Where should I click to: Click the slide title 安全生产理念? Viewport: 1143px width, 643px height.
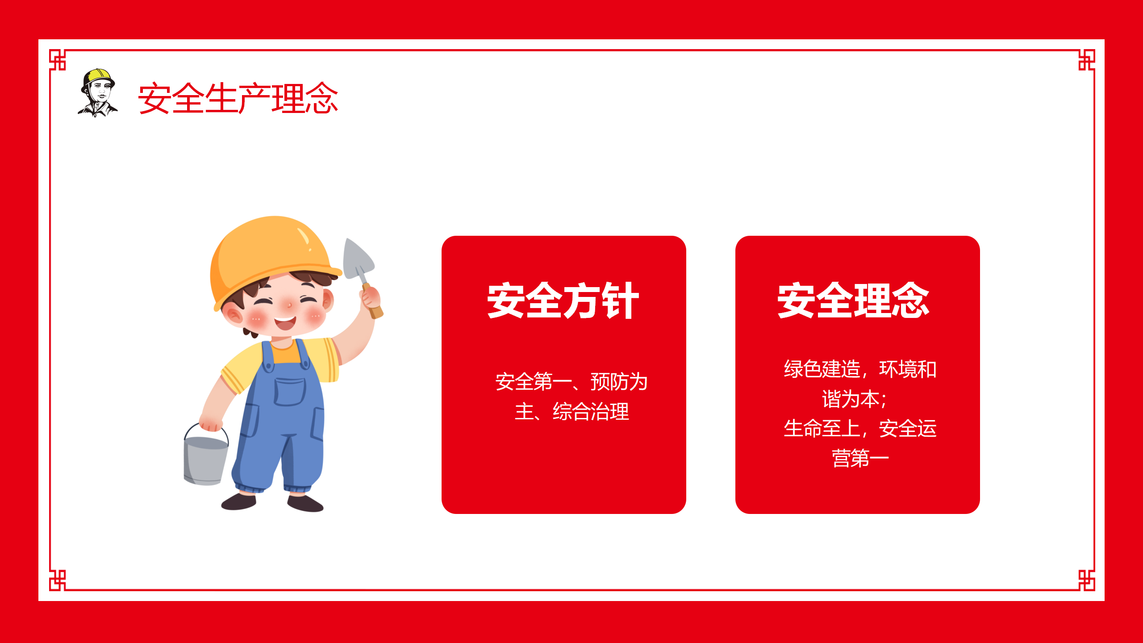pyautogui.click(x=238, y=98)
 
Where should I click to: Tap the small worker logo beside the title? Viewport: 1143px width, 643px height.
pyautogui.click(x=98, y=93)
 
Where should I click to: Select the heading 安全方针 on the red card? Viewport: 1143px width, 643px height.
pyautogui.click(x=563, y=301)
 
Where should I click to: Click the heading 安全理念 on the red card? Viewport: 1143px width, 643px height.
pyautogui.click(x=853, y=301)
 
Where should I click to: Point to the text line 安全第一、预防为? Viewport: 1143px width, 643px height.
pyautogui.click(x=571, y=382)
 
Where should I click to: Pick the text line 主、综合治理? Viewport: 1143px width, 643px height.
pyautogui.click(x=571, y=411)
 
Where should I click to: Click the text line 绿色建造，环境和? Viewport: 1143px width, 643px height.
pyautogui.click(x=860, y=369)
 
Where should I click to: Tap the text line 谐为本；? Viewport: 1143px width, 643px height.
pyautogui.click(x=854, y=399)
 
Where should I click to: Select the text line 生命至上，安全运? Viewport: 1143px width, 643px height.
pyautogui.click(x=860, y=429)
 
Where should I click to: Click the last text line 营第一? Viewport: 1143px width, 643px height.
pyautogui.click(x=860, y=458)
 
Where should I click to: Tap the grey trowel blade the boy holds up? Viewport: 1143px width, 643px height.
pyautogui.click(x=357, y=259)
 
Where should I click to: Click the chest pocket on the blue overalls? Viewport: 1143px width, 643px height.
pyautogui.click(x=290, y=392)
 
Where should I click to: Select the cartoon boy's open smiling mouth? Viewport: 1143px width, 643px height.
pyautogui.click(x=285, y=322)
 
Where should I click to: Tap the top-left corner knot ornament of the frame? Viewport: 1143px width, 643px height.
pyautogui.click(x=58, y=59)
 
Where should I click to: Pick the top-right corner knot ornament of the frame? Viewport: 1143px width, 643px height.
pyautogui.click(x=1086, y=59)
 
